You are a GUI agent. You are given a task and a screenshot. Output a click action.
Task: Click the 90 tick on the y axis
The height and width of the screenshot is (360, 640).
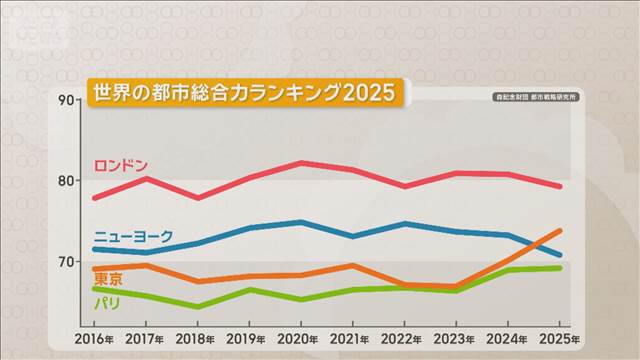point(67,100)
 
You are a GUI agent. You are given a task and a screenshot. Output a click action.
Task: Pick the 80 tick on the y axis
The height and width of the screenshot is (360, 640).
point(67,181)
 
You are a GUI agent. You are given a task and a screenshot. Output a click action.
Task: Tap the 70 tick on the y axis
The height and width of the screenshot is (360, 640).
point(67,262)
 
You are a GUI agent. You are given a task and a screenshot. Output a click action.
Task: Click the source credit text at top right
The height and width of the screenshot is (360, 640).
point(538,97)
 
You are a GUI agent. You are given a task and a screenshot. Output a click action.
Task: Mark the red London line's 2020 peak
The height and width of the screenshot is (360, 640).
point(301,162)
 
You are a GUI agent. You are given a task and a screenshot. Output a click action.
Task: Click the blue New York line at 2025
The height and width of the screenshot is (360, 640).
point(560,255)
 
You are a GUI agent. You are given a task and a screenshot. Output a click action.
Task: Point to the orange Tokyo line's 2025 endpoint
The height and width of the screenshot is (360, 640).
point(560,230)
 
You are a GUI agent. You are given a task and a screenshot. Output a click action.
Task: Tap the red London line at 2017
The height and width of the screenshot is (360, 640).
point(146,178)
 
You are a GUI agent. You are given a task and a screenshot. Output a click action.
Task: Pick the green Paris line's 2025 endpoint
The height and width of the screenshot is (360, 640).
point(560,268)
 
